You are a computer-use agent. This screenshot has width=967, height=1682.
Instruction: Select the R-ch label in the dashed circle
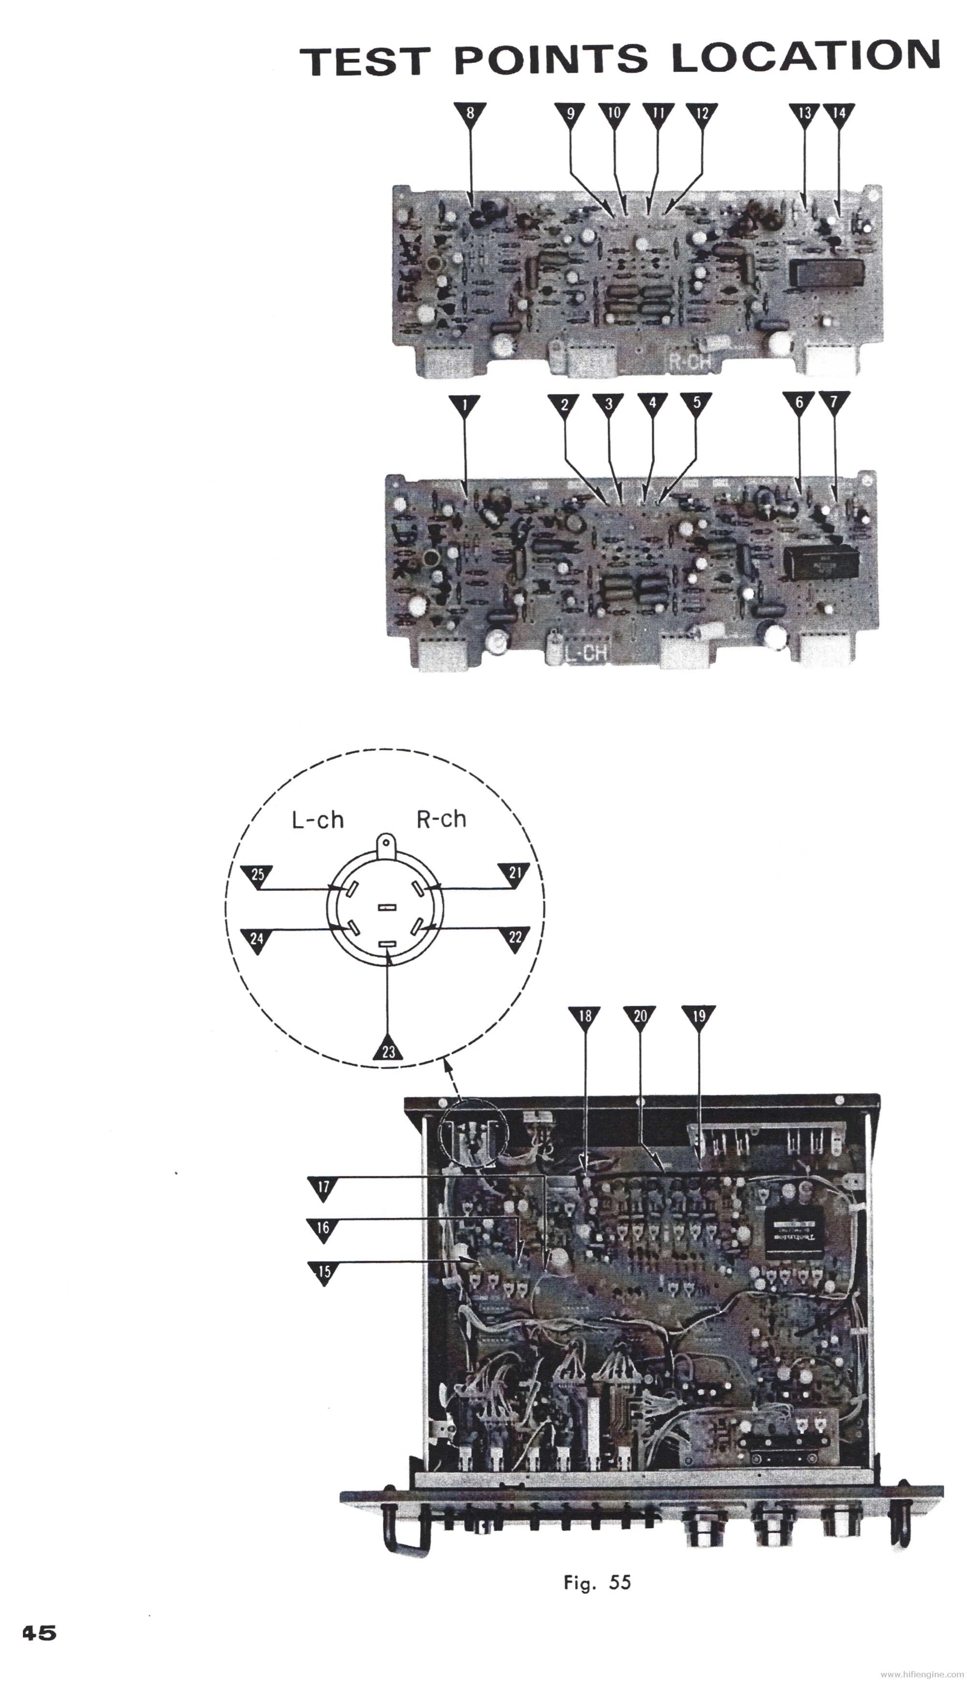[x=441, y=819]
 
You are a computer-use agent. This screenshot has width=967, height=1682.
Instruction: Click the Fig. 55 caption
[x=597, y=1582]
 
